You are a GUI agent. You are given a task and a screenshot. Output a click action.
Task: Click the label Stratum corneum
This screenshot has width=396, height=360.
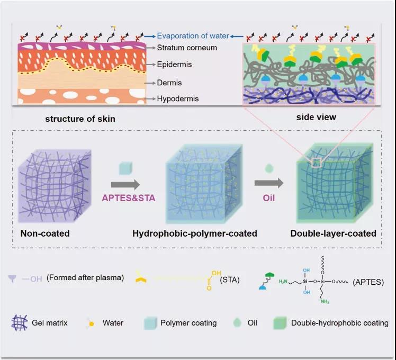tap(187, 48)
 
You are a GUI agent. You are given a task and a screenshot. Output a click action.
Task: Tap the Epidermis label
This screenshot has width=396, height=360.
tap(174, 65)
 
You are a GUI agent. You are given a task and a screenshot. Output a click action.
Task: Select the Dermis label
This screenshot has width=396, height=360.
tap(169, 83)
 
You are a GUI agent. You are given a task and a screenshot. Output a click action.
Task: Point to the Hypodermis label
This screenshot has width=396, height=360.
tap(178, 98)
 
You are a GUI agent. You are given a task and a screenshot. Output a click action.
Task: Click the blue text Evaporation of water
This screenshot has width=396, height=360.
tap(193, 36)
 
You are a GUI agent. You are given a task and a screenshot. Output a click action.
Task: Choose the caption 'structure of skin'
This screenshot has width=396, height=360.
tap(80, 119)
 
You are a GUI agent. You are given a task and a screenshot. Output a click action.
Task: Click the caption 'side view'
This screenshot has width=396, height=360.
tap(316, 117)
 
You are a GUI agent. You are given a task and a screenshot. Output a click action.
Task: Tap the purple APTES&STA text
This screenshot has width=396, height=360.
tap(129, 198)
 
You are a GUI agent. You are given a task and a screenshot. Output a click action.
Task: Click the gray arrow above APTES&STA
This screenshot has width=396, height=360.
tap(125, 185)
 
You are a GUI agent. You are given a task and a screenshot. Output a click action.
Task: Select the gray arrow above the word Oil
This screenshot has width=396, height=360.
tap(269, 183)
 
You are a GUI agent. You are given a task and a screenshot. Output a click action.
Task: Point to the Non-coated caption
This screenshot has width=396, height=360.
tap(45, 233)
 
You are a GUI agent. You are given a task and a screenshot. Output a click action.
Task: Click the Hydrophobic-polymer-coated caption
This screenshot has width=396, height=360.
tap(195, 233)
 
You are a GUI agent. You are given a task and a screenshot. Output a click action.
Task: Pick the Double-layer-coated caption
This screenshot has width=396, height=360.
tap(334, 233)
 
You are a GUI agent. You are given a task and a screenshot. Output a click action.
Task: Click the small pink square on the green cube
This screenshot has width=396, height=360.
tap(317, 163)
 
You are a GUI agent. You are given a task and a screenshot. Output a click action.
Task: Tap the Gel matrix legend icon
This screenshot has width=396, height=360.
tap(20, 323)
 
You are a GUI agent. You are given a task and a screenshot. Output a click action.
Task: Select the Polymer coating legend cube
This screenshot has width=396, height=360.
tap(150, 323)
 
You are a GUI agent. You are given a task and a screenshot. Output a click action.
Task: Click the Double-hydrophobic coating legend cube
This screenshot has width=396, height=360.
tap(280, 323)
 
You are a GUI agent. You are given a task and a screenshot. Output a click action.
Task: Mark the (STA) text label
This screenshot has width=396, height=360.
tap(230, 280)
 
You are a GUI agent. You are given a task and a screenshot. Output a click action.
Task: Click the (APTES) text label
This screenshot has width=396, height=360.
tap(368, 282)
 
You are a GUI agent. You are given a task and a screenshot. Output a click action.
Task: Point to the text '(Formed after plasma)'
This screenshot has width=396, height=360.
tap(85, 277)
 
